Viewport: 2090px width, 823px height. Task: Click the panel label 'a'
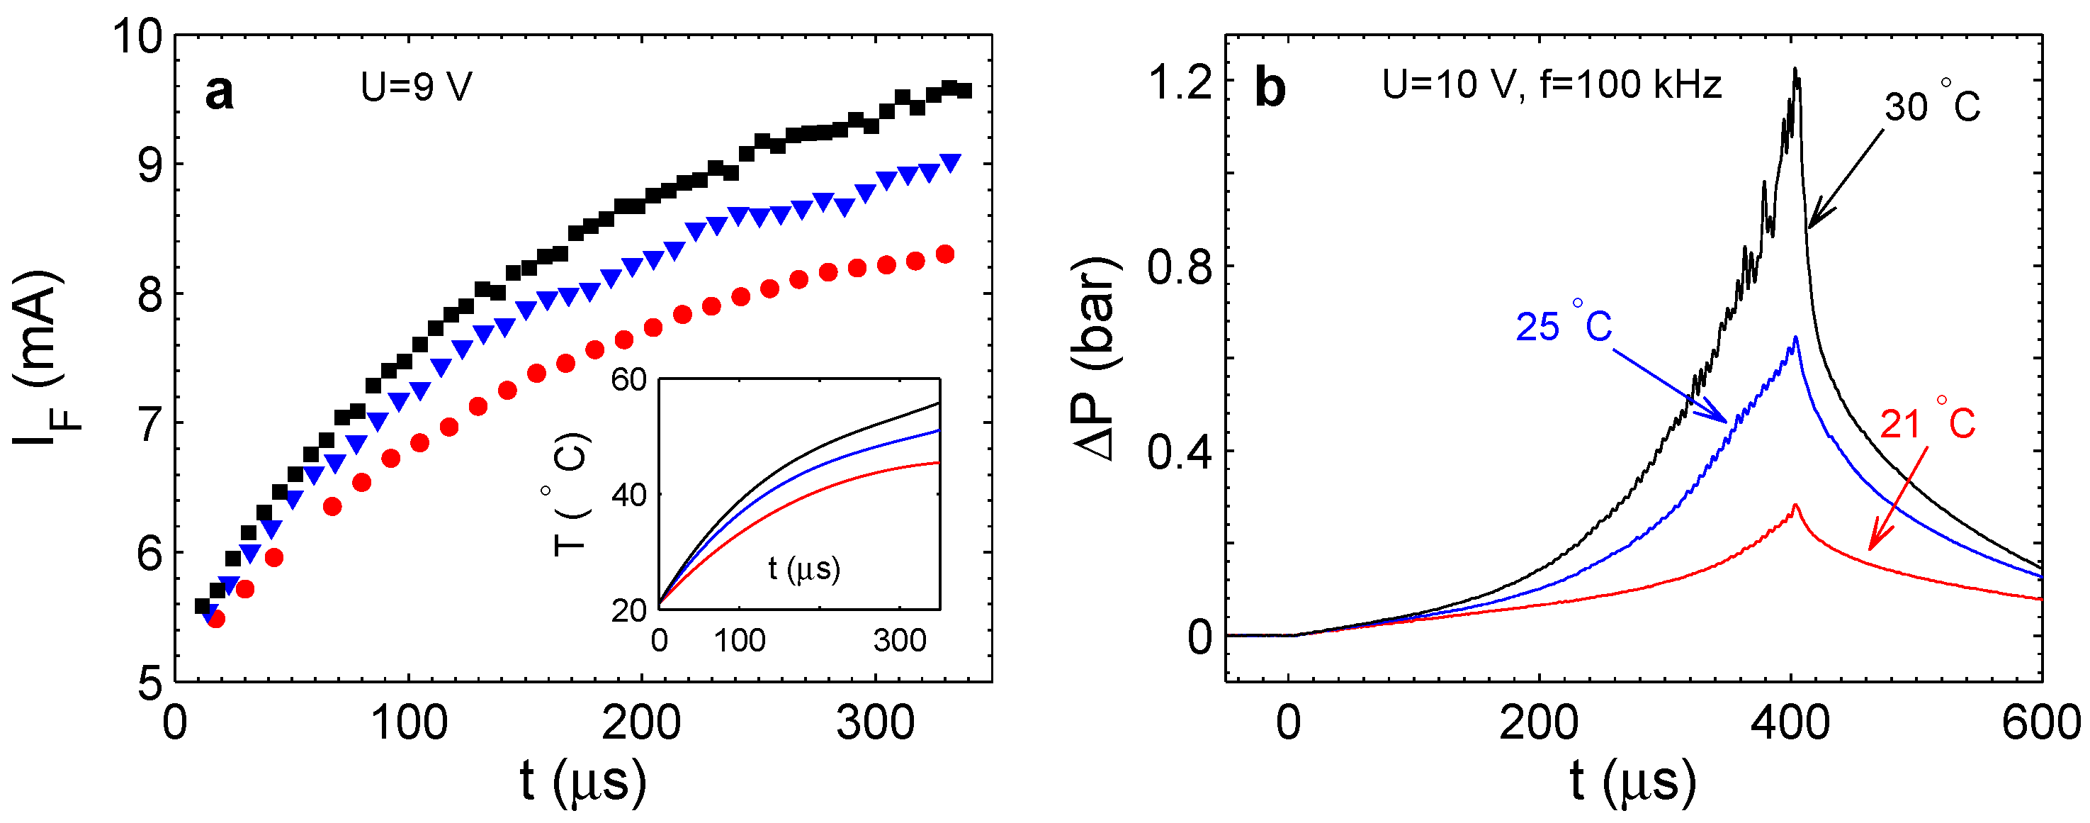click(x=219, y=91)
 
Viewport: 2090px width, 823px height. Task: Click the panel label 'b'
click(x=1270, y=88)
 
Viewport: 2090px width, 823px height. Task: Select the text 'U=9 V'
click(x=416, y=87)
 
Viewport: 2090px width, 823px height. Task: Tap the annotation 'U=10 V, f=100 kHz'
click(x=1552, y=84)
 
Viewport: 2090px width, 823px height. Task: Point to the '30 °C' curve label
click(x=1932, y=106)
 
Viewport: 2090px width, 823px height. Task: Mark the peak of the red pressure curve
click(x=1795, y=505)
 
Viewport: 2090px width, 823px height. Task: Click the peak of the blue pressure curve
click(x=1795, y=337)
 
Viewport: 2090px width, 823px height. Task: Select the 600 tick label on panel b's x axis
click(x=2040, y=722)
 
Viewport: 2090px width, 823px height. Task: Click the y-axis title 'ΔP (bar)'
click(x=1096, y=358)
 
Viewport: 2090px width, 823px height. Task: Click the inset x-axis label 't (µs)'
click(x=804, y=568)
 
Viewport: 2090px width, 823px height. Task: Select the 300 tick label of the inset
click(x=900, y=642)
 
